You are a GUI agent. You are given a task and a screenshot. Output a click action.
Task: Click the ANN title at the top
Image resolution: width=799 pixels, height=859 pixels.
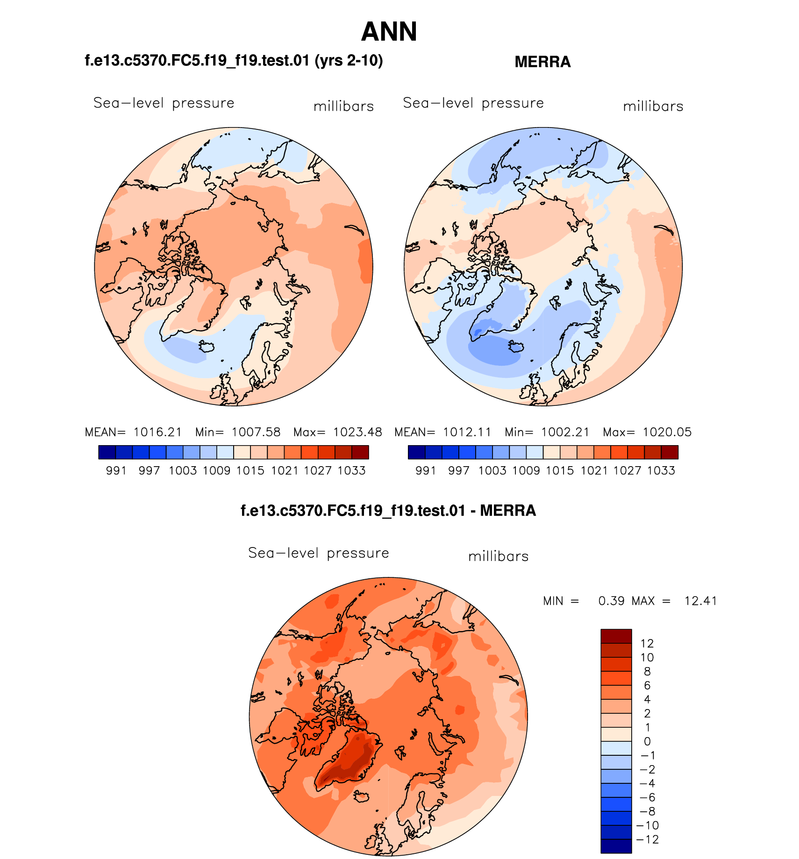point(389,32)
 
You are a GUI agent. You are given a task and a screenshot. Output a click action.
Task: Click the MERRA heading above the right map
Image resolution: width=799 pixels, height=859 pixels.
point(542,62)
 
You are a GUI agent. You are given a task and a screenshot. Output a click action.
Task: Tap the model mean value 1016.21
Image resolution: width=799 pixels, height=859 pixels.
point(157,432)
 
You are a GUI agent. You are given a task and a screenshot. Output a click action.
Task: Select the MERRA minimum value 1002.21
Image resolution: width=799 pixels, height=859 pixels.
point(565,432)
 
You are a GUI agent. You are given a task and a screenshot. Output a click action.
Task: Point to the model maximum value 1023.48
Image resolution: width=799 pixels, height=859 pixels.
point(357,432)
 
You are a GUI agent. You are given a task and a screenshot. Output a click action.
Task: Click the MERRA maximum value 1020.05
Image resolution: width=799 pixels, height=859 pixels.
point(667,432)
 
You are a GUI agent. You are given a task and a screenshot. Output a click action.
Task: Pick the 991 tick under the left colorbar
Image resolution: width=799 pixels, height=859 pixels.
point(116,470)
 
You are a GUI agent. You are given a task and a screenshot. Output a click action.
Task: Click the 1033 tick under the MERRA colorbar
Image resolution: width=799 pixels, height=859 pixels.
point(661,470)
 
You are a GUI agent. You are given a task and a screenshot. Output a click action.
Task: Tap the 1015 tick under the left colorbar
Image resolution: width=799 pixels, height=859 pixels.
point(250,470)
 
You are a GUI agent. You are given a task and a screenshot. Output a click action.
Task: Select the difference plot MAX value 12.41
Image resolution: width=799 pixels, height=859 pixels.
point(700,601)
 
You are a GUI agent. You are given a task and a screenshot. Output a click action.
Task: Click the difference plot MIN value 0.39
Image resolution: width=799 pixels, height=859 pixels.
point(611,601)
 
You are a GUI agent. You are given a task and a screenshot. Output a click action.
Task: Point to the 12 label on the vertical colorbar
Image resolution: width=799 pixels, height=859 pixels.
point(647,643)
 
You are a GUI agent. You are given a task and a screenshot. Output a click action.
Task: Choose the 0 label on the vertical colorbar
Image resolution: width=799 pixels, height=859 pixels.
point(647,741)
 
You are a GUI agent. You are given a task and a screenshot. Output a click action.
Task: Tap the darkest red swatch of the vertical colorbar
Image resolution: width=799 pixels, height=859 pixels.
point(616,636)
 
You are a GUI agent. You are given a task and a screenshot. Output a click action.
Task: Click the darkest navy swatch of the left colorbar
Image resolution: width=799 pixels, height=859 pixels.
point(107,452)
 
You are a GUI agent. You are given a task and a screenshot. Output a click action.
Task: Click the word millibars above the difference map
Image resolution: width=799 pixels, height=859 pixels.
point(498,556)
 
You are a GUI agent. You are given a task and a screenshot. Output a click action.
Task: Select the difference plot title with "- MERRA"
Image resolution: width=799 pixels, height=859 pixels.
point(388,511)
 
